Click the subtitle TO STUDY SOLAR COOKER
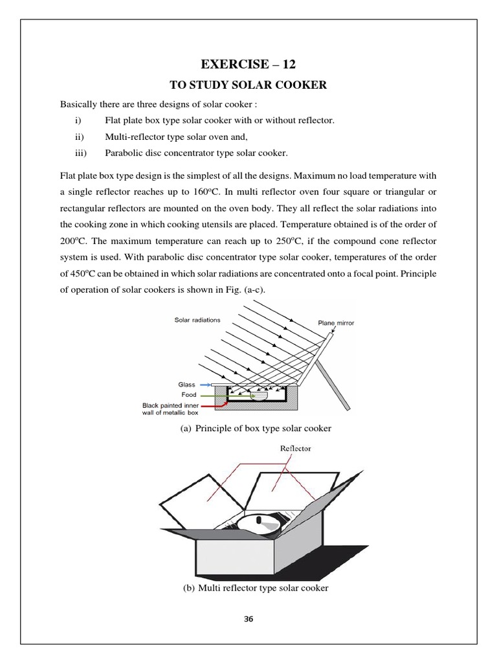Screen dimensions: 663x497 248,84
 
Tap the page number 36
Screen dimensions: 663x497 248,619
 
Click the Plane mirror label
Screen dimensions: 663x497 336,322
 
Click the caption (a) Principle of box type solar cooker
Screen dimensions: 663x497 248,429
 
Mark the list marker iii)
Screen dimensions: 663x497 82,153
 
